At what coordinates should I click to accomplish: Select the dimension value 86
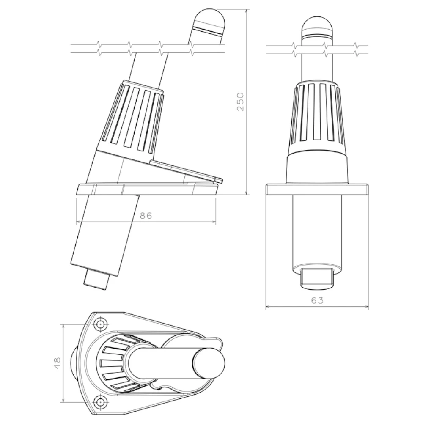coord(146,216)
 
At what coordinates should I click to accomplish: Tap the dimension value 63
coord(317,300)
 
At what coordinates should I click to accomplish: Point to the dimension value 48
coord(58,363)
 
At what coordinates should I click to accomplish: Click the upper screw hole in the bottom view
coord(101,323)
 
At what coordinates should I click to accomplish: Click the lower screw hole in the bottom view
coord(101,401)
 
